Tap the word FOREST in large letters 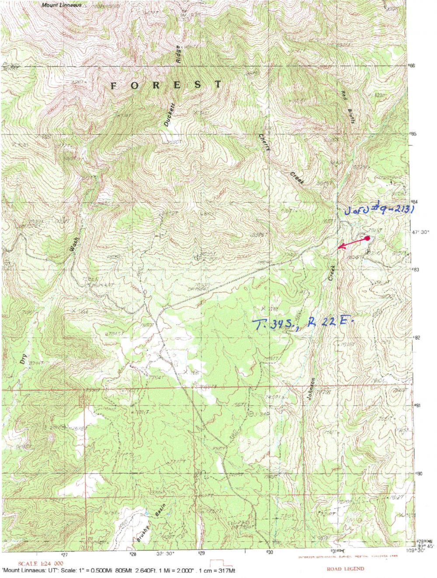coord(166,85)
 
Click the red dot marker coord(368,238)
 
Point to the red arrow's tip coord(339,249)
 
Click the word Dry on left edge coord(23,359)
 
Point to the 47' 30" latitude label coord(421,232)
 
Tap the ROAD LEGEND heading coord(345,569)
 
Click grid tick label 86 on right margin coord(412,66)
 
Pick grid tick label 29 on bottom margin coord(201,552)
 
